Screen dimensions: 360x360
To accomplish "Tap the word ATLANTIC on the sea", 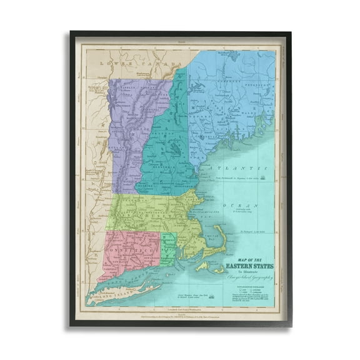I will pyautogui.click(x=241, y=169).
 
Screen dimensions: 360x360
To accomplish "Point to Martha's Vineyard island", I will pyautogui.click(x=202, y=267).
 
